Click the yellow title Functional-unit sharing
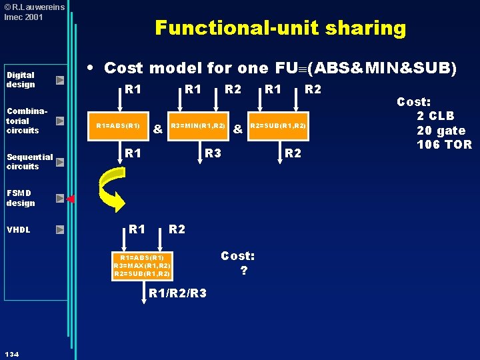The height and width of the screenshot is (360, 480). [281, 28]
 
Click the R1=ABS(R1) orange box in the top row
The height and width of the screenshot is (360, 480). [118, 126]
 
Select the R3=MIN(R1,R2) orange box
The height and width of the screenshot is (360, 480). [198, 126]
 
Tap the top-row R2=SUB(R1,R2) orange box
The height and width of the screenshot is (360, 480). [278, 126]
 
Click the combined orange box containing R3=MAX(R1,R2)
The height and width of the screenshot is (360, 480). [142, 266]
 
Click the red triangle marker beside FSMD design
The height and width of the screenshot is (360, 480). [71, 199]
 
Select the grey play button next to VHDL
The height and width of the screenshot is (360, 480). [60, 229]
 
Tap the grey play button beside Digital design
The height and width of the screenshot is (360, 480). [60, 80]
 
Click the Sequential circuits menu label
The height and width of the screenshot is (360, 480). [30, 161]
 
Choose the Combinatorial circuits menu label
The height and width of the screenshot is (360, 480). [27, 121]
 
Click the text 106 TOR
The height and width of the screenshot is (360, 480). [444, 145]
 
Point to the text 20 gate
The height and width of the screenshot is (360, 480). [441, 131]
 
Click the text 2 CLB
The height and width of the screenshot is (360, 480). [435, 116]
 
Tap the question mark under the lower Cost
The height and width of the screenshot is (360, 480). [244, 270]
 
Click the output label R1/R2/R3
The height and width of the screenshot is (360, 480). [177, 293]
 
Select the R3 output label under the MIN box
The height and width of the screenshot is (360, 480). [213, 153]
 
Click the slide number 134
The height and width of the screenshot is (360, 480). [12, 354]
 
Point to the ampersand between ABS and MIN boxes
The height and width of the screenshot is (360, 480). [158, 129]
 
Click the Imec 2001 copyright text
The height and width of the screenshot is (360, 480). [23, 17]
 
